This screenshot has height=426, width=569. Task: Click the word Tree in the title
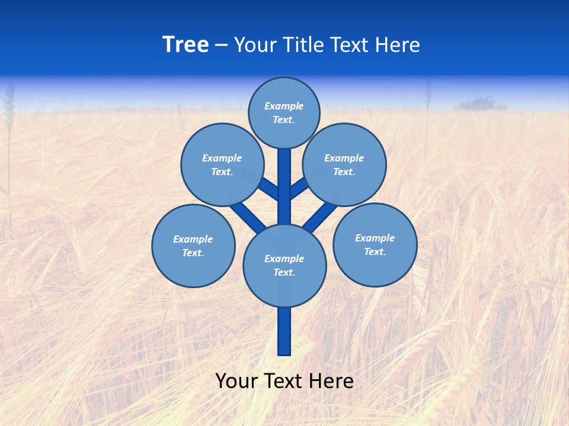click(x=186, y=45)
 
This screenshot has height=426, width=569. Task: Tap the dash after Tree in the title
click(x=222, y=46)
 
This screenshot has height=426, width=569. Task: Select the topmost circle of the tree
click(x=284, y=112)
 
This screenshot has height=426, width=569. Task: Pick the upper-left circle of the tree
click(x=222, y=164)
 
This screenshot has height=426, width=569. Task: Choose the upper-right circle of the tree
click(x=344, y=164)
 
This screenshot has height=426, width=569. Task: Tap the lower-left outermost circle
click(x=193, y=246)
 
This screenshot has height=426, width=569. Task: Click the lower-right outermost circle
click(x=375, y=244)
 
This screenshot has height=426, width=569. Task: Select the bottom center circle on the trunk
click(x=284, y=265)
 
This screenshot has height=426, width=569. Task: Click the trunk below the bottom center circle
click(x=284, y=331)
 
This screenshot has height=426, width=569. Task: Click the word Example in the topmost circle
click(x=284, y=106)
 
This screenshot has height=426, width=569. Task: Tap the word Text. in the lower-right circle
click(x=375, y=251)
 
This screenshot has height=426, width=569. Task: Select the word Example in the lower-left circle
click(x=193, y=239)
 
